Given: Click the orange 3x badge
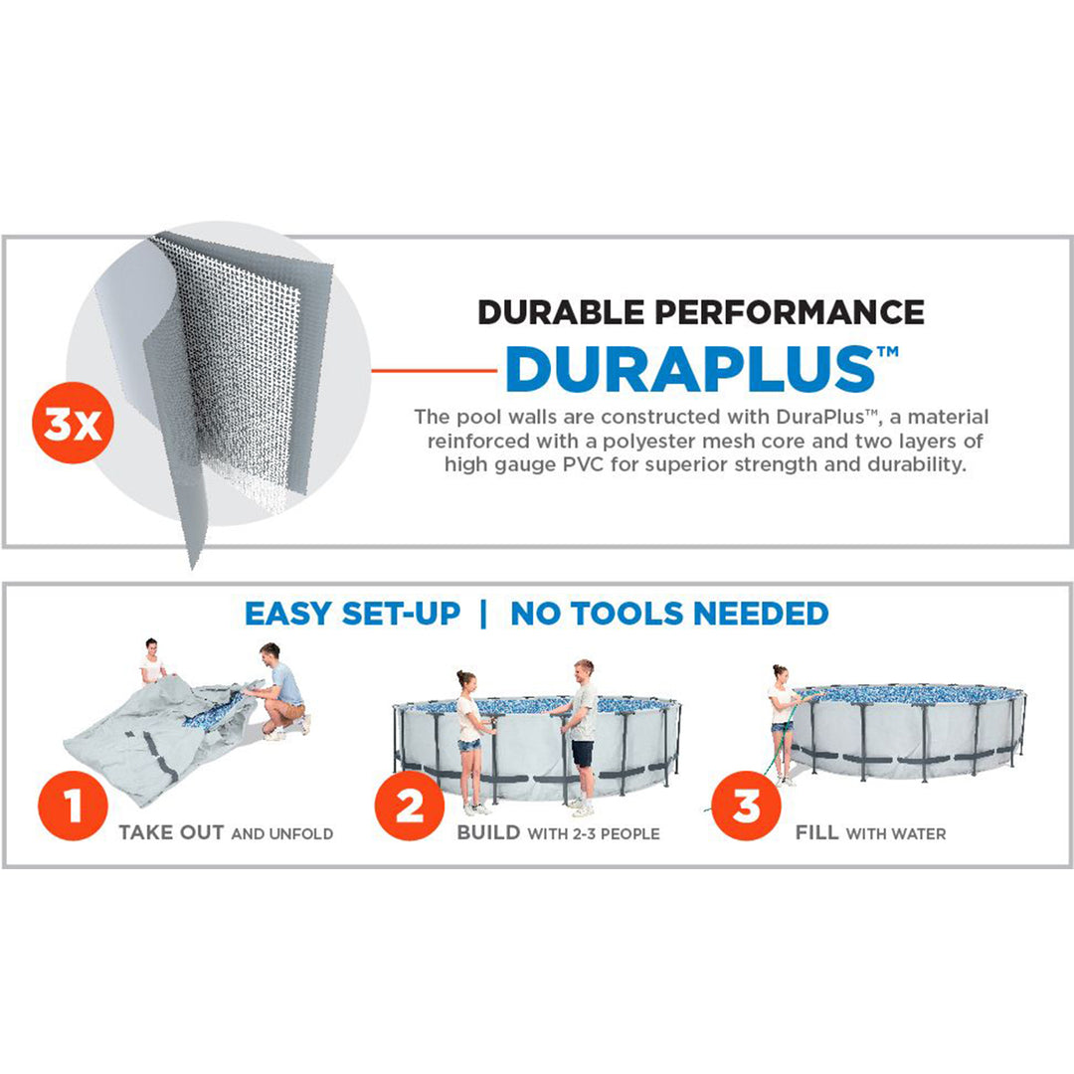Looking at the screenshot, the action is click(x=73, y=423).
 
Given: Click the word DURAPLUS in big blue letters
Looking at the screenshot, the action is click(x=690, y=369).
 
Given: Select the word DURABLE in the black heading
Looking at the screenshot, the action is click(x=560, y=312).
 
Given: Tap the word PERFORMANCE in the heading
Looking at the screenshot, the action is click(x=789, y=312).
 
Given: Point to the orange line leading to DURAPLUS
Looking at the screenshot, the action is click(x=435, y=371).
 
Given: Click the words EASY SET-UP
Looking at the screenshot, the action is click(x=353, y=614).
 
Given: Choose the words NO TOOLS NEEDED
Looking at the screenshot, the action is click(x=670, y=614).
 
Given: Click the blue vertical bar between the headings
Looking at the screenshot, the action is click(x=484, y=614).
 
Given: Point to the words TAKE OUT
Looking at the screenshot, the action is click(x=171, y=833).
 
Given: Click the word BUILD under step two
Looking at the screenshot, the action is click(x=488, y=833).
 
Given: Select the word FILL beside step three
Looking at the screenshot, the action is click(x=817, y=833).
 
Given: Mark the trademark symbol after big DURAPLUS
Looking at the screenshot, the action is click(x=888, y=352).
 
